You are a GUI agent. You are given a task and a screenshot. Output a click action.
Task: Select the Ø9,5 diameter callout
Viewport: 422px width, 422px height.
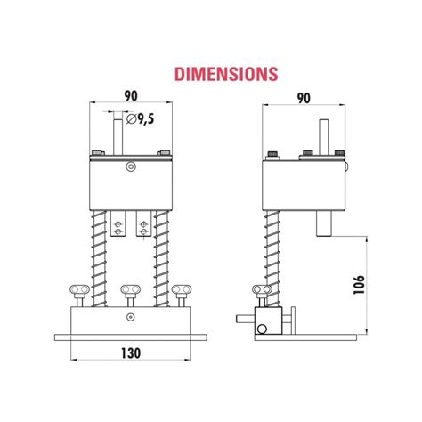coord(143,118)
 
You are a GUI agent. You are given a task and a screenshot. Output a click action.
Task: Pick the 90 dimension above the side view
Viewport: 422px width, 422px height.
coord(304,97)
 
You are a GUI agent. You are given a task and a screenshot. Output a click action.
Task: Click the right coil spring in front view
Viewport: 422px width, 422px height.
coord(161,254)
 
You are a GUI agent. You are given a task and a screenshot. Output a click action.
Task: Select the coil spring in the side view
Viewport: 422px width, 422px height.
coord(273,254)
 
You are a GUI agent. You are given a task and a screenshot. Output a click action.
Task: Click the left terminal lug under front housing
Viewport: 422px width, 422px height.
coord(116,224)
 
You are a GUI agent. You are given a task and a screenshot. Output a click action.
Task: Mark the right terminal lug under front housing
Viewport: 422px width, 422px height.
coord(143,224)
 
